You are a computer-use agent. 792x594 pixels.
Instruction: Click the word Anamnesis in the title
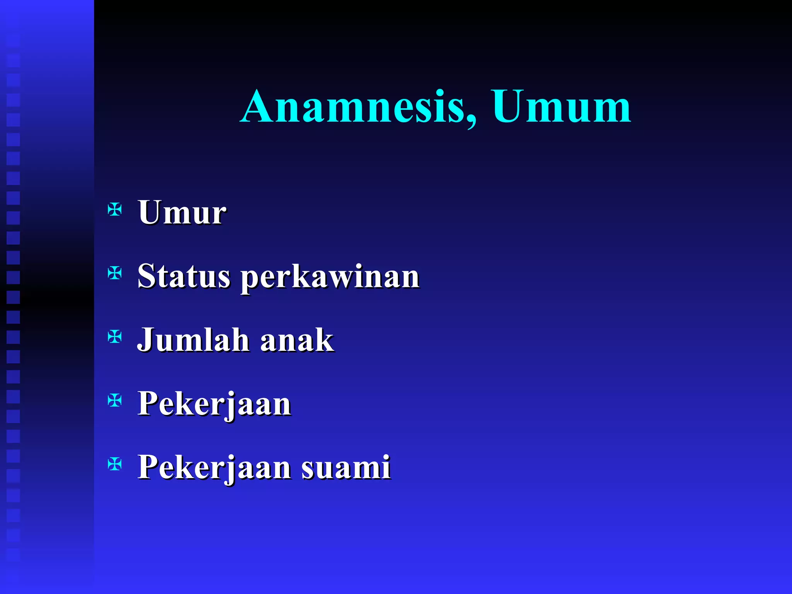353,106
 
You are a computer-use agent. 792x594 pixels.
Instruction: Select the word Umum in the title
562,106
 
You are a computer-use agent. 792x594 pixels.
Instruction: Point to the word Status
184,276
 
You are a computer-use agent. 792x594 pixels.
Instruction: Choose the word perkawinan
330,277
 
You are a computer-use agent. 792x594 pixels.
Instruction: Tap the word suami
346,467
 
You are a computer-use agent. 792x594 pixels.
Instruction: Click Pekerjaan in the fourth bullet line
214,404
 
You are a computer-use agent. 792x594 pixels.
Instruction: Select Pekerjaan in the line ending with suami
214,467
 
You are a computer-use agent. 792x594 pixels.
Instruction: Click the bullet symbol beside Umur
115,210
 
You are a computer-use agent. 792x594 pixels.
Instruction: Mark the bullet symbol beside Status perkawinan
115,274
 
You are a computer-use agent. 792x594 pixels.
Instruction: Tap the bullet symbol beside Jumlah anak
115,337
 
